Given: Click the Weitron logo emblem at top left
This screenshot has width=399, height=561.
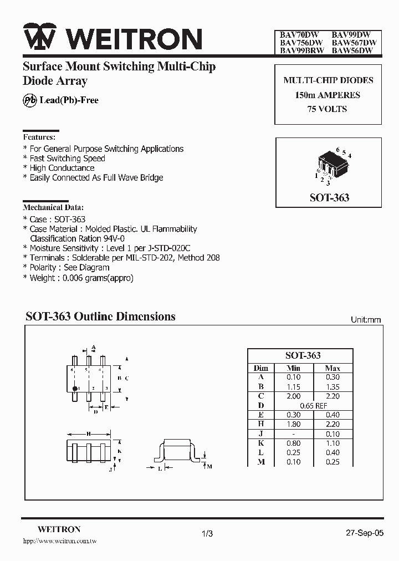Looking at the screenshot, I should (x=38, y=38).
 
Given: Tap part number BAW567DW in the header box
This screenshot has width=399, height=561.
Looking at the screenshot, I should (x=354, y=42).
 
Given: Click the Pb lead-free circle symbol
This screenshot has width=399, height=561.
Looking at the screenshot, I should (x=29, y=100).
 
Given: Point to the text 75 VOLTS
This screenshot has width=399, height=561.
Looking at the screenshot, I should (x=328, y=109).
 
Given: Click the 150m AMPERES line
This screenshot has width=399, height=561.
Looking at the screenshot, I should (x=328, y=95).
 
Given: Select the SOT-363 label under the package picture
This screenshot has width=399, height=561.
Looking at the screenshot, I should (x=329, y=197).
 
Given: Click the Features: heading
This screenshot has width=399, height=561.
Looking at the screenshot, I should (x=39, y=136).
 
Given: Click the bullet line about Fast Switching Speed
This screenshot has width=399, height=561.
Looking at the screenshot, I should (x=67, y=159).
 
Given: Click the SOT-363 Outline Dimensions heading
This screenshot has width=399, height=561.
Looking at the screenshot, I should (x=100, y=317).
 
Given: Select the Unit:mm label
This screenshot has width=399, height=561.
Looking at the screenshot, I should (x=366, y=320).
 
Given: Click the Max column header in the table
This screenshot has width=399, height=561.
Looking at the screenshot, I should (x=332, y=368).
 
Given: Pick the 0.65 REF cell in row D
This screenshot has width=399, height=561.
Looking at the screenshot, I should (x=313, y=405).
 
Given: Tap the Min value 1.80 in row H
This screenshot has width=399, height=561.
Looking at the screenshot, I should (x=294, y=424).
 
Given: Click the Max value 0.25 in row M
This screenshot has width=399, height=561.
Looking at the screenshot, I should (x=332, y=462).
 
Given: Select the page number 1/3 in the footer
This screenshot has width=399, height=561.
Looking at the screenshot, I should (x=207, y=533).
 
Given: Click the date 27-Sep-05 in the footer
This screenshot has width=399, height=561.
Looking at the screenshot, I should (x=364, y=533).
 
